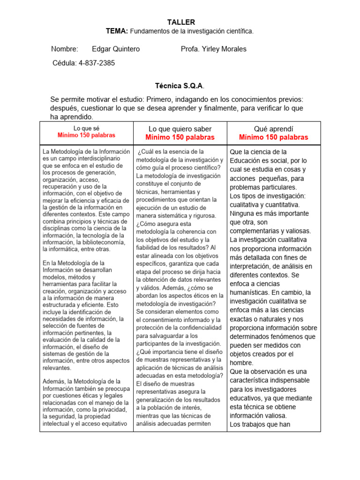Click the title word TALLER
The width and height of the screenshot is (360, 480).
pyautogui.click(x=180, y=22)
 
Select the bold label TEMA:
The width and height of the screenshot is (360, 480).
pyautogui.click(x=117, y=31)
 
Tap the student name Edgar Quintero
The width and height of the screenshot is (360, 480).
pyautogui.click(x=116, y=49)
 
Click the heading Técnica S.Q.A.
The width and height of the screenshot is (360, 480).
pyautogui.click(x=180, y=86)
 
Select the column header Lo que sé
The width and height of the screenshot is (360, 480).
pyautogui.click(x=86, y=128)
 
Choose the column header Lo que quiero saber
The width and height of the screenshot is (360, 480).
pyautogui.click(x=180, y=129)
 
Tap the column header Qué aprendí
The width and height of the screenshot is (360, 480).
pyautogui.click(x=273, y=129)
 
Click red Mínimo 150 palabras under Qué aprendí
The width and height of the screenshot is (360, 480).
pyautogui.click(x=273, y=137)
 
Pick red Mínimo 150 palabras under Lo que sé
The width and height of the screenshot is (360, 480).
pyautogui.click(x=86, y=135)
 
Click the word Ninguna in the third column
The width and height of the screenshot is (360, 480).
pyautogui.click(x=242, y=213)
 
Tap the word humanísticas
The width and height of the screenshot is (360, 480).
pyautogui.click(x=251, y=292)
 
